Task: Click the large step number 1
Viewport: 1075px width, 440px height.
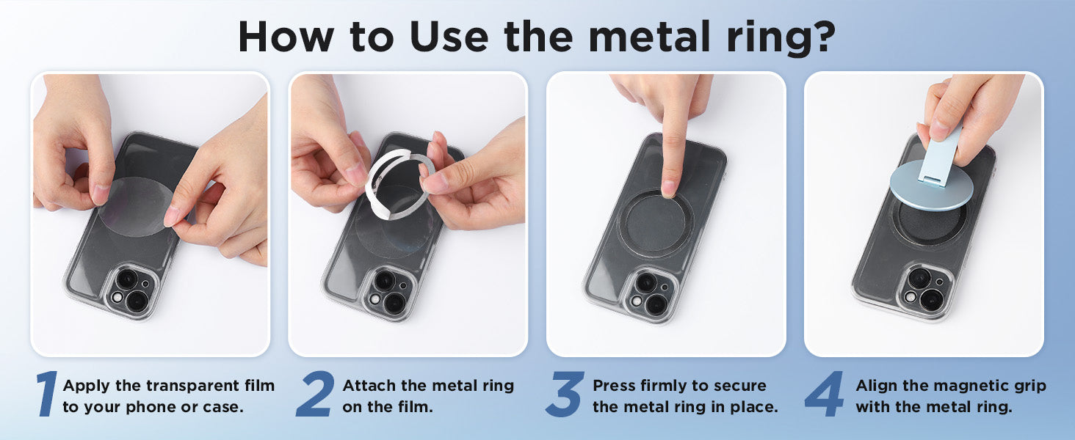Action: coord(47,393)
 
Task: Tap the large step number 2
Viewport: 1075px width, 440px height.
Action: coord(315,393)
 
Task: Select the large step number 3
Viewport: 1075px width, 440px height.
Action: coord(565,393)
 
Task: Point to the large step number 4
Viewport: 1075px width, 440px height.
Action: coord(824,393)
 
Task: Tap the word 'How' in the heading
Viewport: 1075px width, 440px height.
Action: coord(286,37)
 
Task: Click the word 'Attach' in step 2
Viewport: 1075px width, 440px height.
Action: coord(369,385)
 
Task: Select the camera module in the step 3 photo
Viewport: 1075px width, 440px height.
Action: coord(650,294)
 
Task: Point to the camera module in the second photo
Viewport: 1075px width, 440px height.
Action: coord(388,293)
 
